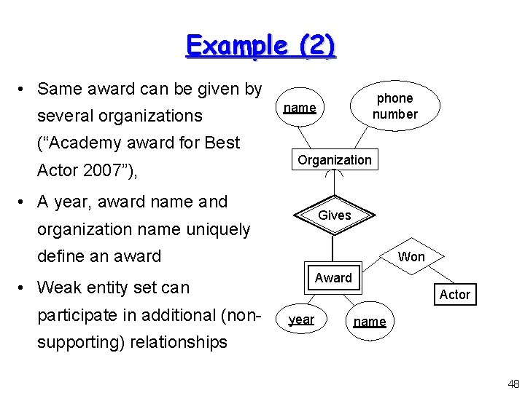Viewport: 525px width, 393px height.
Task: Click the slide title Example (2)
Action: click(x=261, y=45)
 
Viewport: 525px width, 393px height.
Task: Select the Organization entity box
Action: click(x=334, y=160)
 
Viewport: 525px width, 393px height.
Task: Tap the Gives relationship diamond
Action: click(x=334, y=215)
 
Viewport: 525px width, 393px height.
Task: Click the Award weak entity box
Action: click(x=333, y=278)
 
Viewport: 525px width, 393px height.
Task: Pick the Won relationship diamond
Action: click(x=411, y=256)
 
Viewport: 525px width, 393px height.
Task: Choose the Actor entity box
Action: click(x=454, y=294)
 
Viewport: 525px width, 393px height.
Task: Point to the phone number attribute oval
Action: click(x=394, y=106)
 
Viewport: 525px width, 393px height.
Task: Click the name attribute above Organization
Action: click(x=300, y=108)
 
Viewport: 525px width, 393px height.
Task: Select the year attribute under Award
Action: click(x=301, y=319)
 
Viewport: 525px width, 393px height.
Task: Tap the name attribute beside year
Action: click(x=370, y=322)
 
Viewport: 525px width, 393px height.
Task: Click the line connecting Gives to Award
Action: click(x=332, y=251)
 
